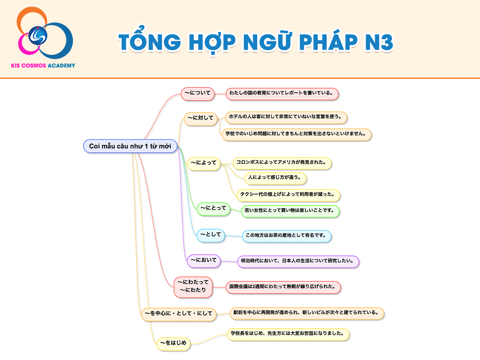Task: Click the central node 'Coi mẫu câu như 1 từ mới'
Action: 130,146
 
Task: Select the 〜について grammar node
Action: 198,94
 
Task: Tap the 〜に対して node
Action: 200,119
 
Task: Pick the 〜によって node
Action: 204,164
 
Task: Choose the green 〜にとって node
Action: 214,209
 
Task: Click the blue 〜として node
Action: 210,236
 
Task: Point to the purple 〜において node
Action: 204,261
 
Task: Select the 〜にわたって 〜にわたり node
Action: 193,287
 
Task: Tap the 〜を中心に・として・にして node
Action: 178,314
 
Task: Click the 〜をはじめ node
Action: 174,344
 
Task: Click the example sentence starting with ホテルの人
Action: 286,118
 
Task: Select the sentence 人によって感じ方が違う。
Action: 275,178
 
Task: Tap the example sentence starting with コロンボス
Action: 282,164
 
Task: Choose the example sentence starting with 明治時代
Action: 298,262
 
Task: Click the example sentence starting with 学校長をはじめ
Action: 288,335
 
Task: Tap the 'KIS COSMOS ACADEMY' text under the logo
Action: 43,66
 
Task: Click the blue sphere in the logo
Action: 38,36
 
